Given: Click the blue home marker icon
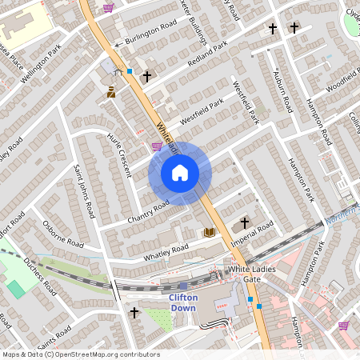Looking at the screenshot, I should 180,172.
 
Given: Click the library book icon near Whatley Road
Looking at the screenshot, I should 210,232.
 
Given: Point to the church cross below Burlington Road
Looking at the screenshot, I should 146,77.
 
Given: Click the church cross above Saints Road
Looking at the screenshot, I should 134,312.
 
